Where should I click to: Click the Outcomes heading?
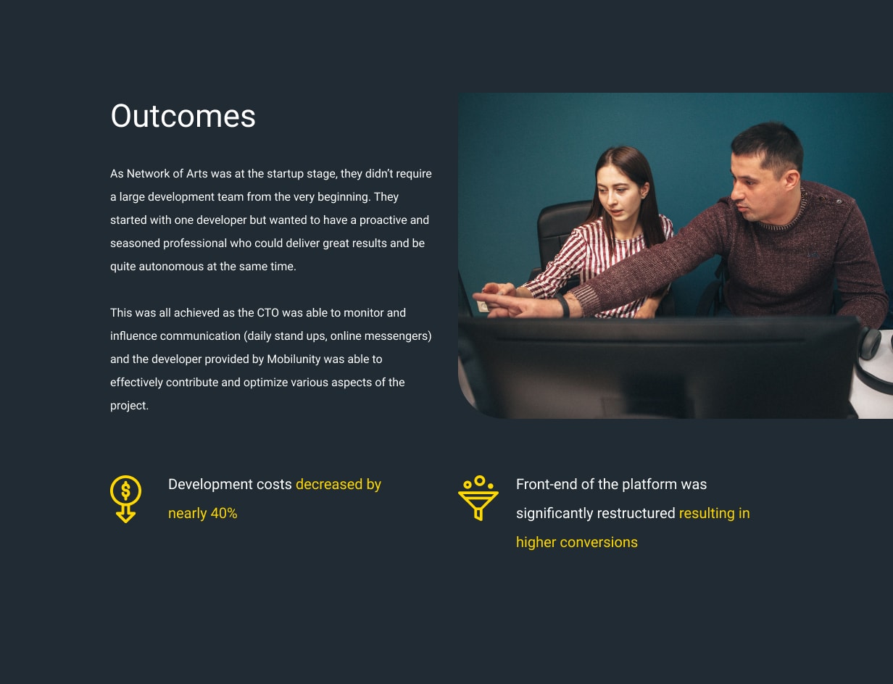(183, 116)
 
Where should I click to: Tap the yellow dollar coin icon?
(125, 499)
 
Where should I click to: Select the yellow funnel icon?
(478, 498)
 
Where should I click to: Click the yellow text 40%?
(223, 513)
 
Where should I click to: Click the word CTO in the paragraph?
(267, 312)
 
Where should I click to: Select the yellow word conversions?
(599, 542)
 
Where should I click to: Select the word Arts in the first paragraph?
(197, 173)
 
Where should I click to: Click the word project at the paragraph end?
(128, 406)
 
